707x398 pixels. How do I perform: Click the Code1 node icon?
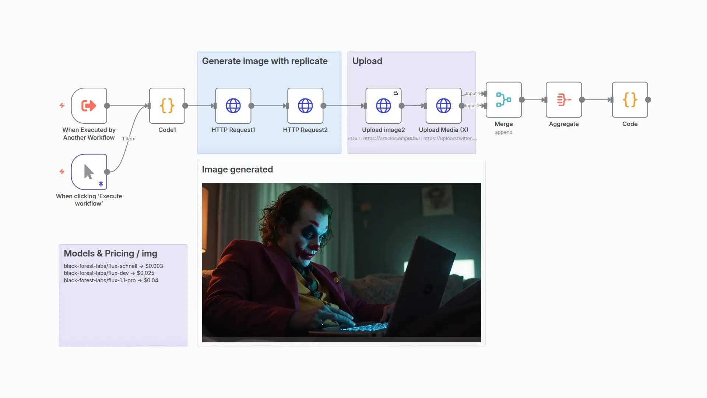tap(167, 106)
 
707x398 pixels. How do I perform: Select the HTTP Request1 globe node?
tap(233, 106)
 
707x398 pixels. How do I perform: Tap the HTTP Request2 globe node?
tap(305, 106)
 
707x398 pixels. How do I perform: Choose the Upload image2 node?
tap(383, 106)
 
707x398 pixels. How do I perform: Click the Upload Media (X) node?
tap(443, 106)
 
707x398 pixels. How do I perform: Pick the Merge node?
tap(503, 100)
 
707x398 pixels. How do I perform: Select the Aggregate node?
tap(564, 100)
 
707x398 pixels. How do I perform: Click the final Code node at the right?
tap(630, 100)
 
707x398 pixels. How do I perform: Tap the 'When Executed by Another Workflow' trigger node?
tap(89, 106)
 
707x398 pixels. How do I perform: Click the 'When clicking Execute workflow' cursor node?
tap(89, 172)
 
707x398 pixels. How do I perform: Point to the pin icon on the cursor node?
tap(101, 184)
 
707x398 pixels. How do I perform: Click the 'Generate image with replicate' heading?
tap(265, 61)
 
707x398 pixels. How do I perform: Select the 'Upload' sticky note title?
tap(367, 61)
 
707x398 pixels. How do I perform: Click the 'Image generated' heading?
tap(238, 170)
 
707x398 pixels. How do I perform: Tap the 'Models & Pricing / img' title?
tap(110, 254)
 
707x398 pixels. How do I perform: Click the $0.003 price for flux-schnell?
tap(154, 266)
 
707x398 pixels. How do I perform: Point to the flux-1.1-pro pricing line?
tap(111, 280)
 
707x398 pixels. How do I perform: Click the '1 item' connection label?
tap(129, 139)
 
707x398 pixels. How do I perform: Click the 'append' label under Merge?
tap(503, 132)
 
